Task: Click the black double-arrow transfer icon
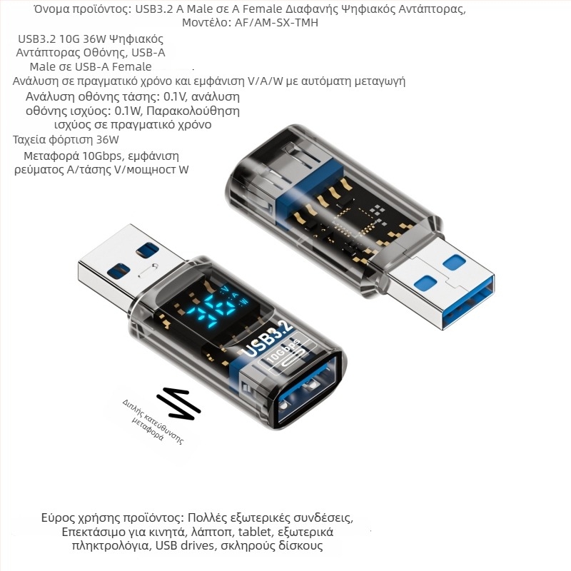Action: (x=178, y=405)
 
